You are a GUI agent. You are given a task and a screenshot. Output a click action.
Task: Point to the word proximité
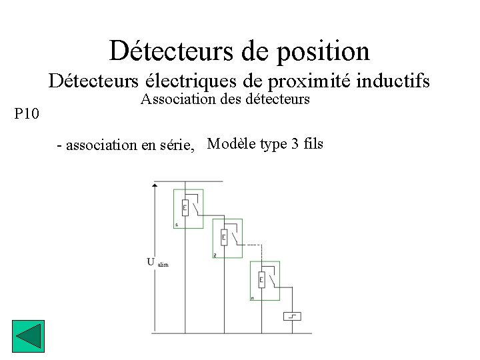pos(309,81)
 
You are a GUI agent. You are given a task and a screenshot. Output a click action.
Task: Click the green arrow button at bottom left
pos(28,336)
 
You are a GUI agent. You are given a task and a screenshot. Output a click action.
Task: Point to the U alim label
pos(157,261)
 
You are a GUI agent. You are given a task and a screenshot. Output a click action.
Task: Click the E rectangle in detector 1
pos(185,207)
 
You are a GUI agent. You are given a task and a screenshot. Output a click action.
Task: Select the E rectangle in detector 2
pos(224,237)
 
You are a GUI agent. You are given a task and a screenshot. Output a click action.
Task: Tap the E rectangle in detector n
pos(262,279)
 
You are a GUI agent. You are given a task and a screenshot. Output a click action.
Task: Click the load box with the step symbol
pos(292,315)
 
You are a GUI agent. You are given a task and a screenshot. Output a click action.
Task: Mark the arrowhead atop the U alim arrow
pos(155,186)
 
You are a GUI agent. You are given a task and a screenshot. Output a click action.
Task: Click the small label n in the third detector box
pos(252,298)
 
